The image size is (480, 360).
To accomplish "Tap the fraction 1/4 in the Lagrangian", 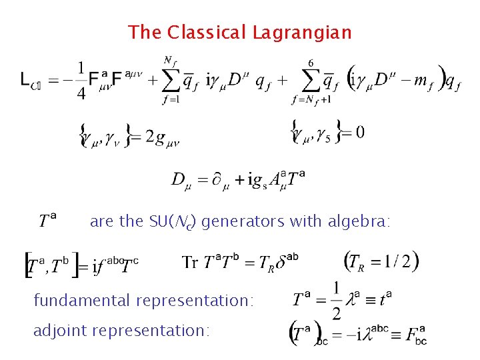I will pos(81,81).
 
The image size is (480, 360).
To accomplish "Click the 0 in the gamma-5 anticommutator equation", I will pos(359,132).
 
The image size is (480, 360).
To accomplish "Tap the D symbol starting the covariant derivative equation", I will pos(179,179).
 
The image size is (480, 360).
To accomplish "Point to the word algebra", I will pos(359,222).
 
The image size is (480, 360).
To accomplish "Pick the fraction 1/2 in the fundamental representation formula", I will pos(337,301).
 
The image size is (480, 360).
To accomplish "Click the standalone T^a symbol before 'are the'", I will pos(47,220).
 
